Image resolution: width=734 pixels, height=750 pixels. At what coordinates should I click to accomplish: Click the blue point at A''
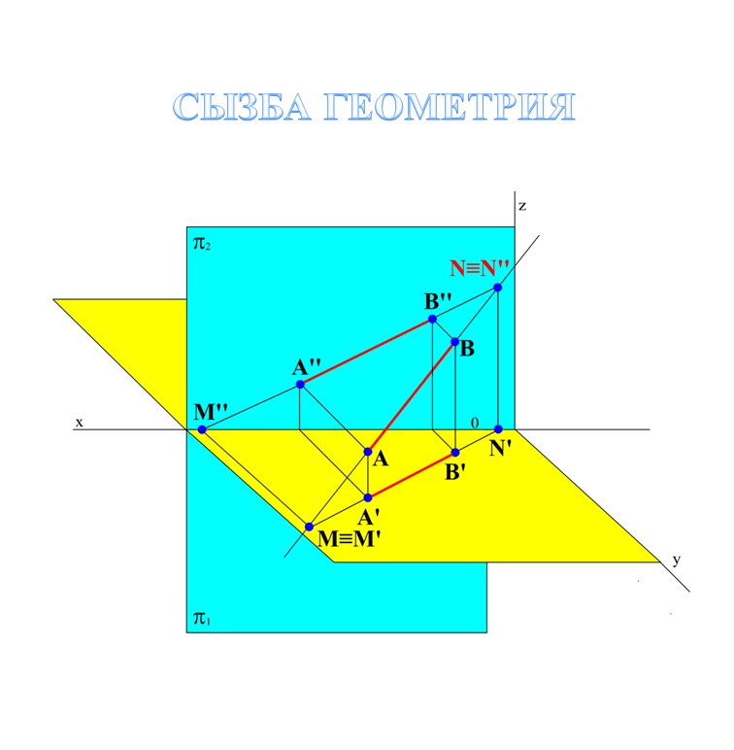pos(300,385)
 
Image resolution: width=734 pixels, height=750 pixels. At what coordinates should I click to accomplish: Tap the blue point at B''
pos(433,319)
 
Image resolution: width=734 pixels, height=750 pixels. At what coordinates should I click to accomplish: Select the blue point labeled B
pos(454,342)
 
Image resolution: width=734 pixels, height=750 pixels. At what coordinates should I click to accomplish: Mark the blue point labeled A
pos(368,452)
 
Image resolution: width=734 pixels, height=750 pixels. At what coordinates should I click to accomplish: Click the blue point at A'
pos(368,497)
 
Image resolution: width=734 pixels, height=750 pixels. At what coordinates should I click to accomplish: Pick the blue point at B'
pos(454,453)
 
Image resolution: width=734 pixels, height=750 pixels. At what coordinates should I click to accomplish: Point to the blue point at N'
pos(498,428)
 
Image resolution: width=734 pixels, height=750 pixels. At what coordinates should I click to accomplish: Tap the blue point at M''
pos(202,428)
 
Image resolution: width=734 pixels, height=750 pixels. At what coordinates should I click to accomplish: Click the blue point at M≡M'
pos(309,527)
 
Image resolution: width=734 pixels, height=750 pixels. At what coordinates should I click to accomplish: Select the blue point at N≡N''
pos(498,288)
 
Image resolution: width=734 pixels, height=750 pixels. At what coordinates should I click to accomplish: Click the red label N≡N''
pos(480,266)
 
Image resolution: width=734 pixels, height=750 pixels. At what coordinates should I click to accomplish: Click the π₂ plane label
pos(202,243)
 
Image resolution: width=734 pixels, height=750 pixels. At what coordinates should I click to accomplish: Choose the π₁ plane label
pos(202,617)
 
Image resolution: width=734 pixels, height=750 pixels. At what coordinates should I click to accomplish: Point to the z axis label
pos(522,206)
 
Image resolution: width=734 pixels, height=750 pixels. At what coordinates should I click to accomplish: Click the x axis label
pos(81,423)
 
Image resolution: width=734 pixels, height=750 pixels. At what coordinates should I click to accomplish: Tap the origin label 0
pos(475,423)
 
